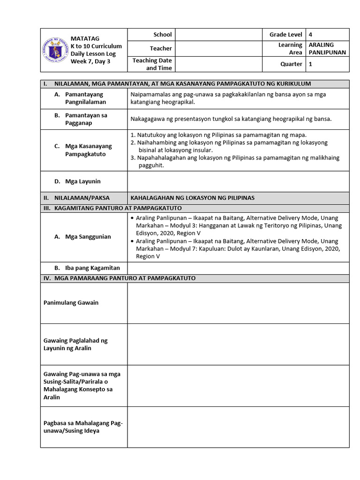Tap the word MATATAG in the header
point(85,38)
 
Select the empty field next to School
point(218,35)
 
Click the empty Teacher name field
point(218,48)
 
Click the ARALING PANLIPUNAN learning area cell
point(327,48)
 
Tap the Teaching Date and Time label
point(152,64)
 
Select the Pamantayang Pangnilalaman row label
point(85,98)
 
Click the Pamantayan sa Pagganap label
point(86,119)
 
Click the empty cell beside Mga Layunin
point(238,181)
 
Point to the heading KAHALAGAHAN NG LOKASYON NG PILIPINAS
point(192,198)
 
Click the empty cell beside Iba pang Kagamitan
point(238,268)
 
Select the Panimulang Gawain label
point(71,303)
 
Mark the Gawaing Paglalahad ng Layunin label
point(75,344)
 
